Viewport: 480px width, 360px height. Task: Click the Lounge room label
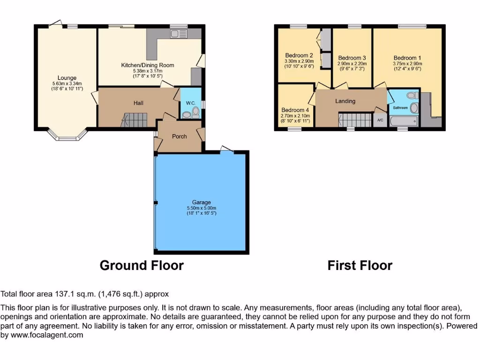67,78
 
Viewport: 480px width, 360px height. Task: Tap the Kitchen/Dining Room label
148,65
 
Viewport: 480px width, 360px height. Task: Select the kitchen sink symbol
179,33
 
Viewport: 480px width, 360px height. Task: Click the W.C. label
190,103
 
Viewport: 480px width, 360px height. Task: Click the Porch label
180,136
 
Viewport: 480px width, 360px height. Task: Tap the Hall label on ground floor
137,103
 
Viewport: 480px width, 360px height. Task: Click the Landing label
345,101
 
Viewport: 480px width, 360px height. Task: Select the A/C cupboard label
380,120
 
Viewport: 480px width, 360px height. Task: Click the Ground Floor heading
142,265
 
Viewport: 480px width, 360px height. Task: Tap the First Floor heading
360,265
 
